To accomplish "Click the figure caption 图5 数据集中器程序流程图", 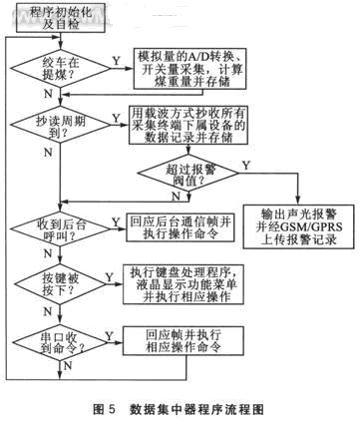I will pyautogui.click(x=180, y=408).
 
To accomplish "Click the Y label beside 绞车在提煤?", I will pyautogui.click(x=117, y=60).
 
